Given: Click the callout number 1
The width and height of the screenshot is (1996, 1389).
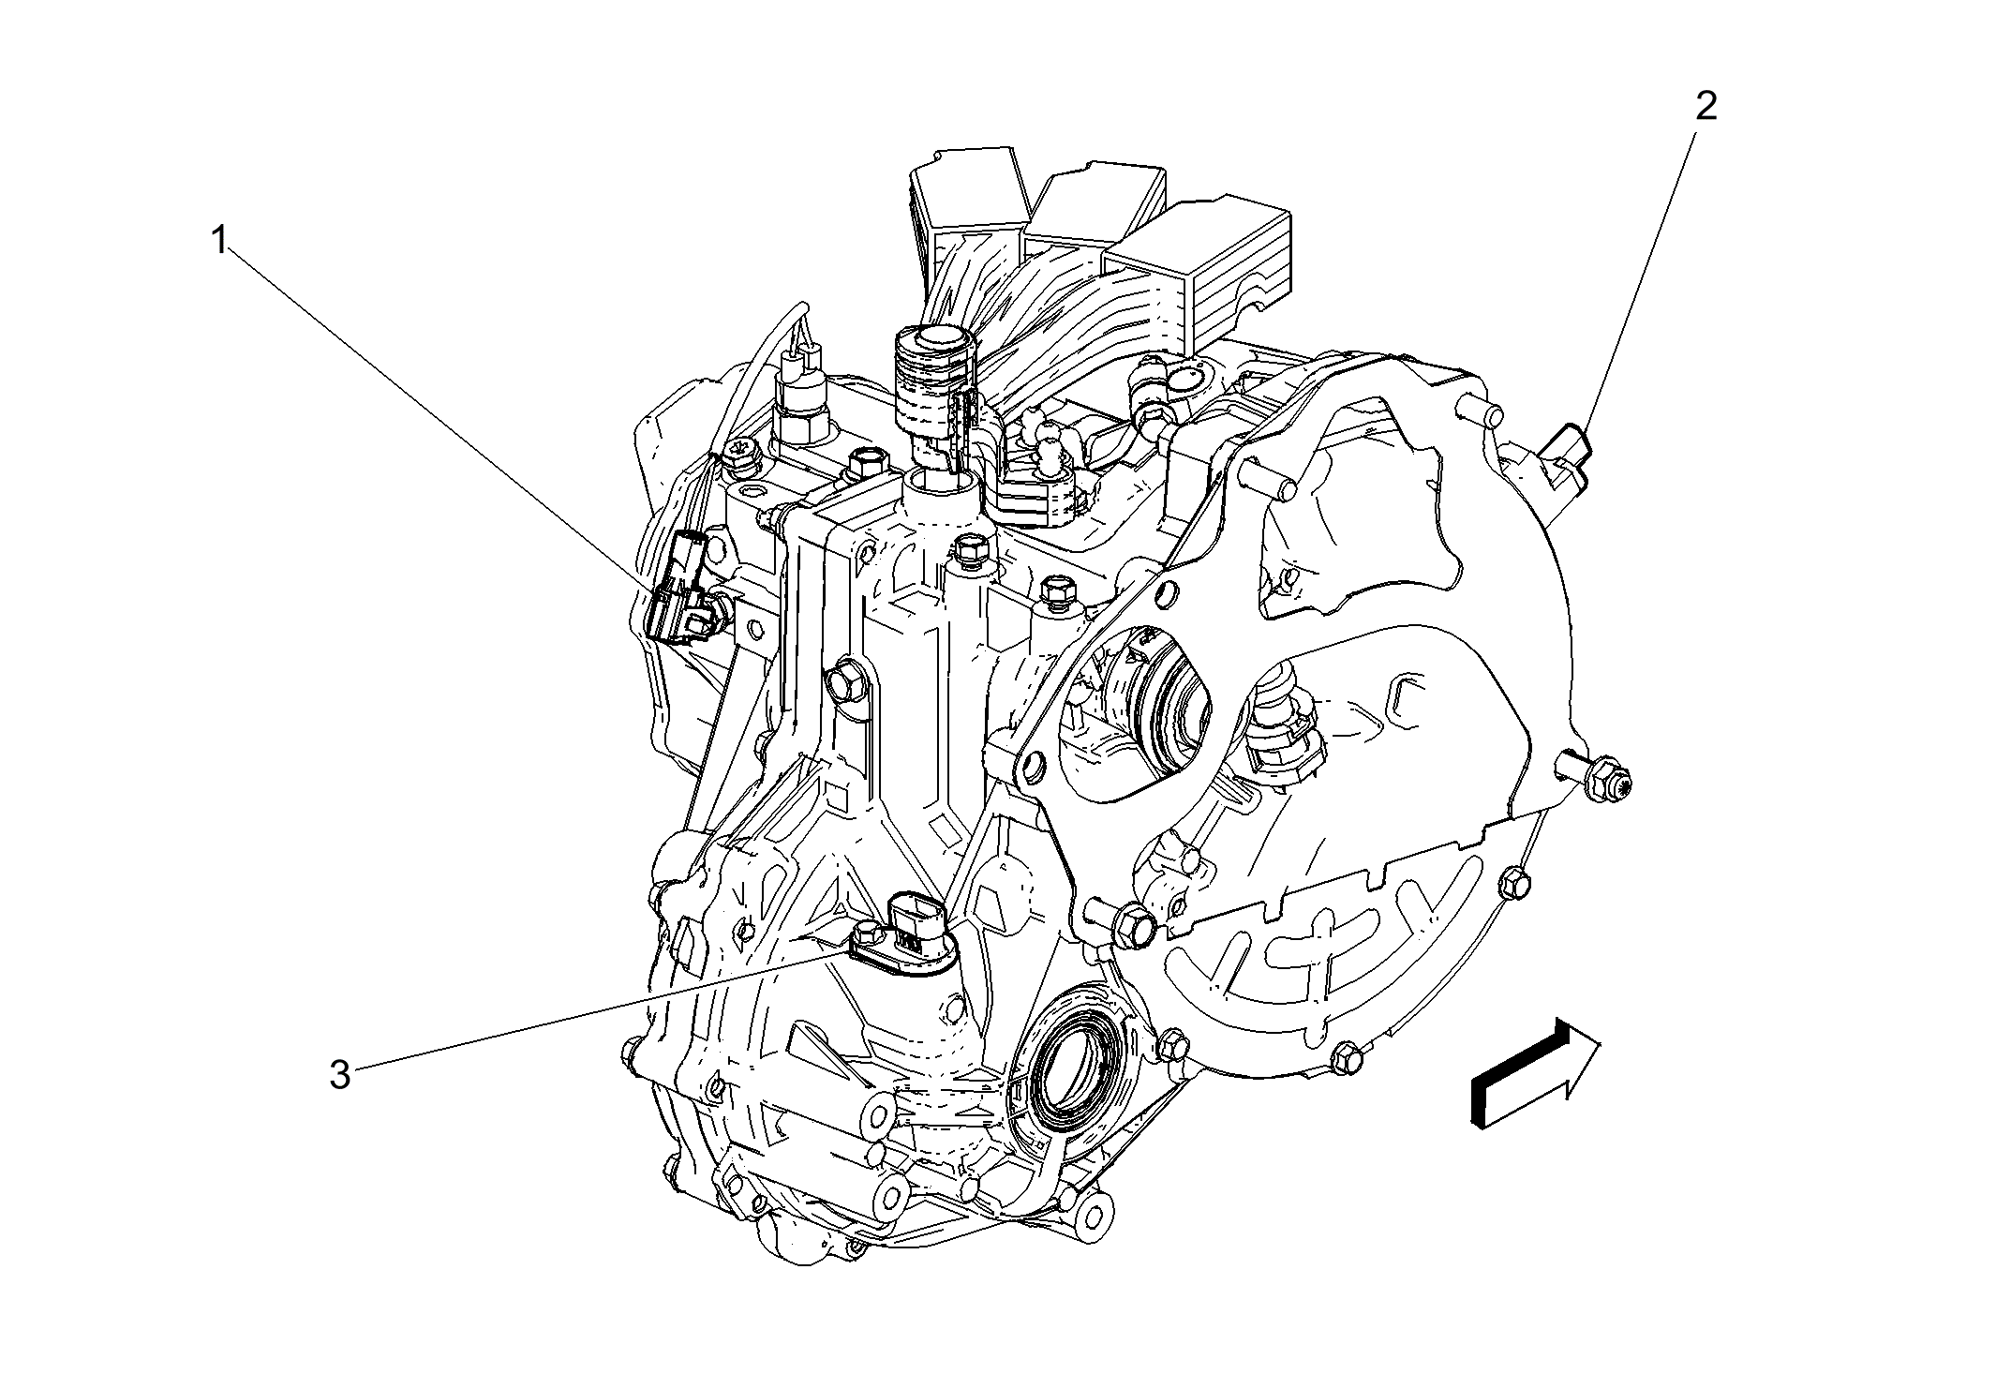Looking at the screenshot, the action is (x=218, y=242).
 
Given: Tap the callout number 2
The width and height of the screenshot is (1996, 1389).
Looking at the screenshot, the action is (x=1706, y=107).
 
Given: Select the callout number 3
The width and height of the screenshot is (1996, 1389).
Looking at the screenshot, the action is (x=339, y=1075).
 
